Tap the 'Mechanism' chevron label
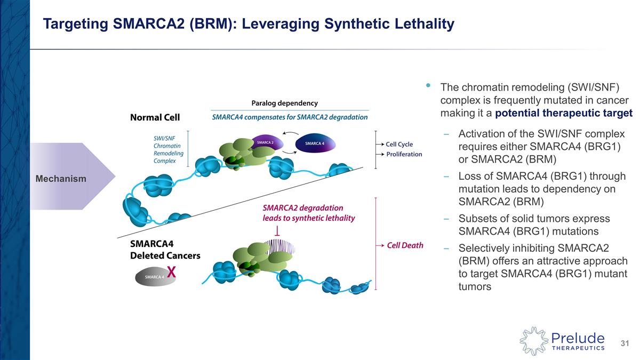(61, 179)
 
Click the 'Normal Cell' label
(155, 117)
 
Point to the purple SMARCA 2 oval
(266, 142)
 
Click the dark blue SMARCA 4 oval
(314, 143)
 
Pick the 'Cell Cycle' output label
(399, 144)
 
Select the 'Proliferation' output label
(404, 154)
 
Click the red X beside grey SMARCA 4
(171, 272)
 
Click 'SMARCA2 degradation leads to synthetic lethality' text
(308, 213)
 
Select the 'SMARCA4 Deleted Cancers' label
(165, 250)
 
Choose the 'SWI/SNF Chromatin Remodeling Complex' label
(169, 149)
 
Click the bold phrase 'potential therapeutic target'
(564, 113)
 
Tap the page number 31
(625, 342)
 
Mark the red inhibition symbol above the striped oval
(278, 231)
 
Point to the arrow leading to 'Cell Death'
(380, 245)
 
